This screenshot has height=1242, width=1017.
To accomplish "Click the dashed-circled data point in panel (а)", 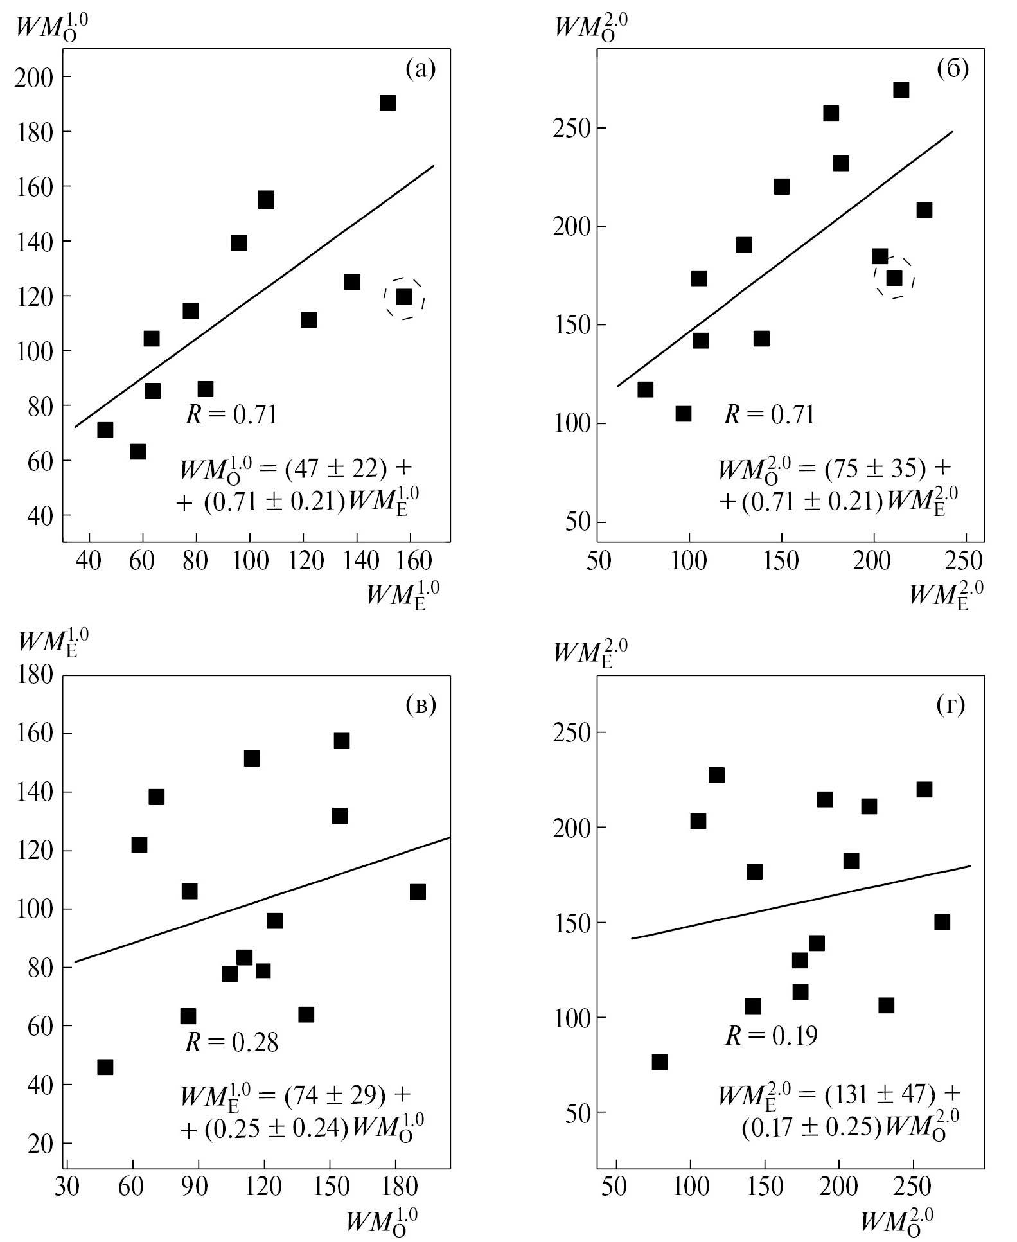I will [x=404, y=297].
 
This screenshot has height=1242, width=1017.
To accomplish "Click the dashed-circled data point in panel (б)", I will [x=894, y=278].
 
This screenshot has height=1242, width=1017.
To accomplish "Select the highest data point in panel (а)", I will [x=387, y=103].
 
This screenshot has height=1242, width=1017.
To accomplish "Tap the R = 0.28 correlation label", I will [x=231, y=1042].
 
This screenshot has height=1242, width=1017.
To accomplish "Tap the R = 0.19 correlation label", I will [x=771, y=1036].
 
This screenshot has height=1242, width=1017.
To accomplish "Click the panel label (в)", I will [x=421, y=705].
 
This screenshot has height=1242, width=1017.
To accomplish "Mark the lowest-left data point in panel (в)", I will [x=105, y=1067].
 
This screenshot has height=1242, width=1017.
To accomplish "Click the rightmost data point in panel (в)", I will [x=418, y=892].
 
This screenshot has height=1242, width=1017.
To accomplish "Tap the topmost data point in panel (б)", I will [x=901, y=90].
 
